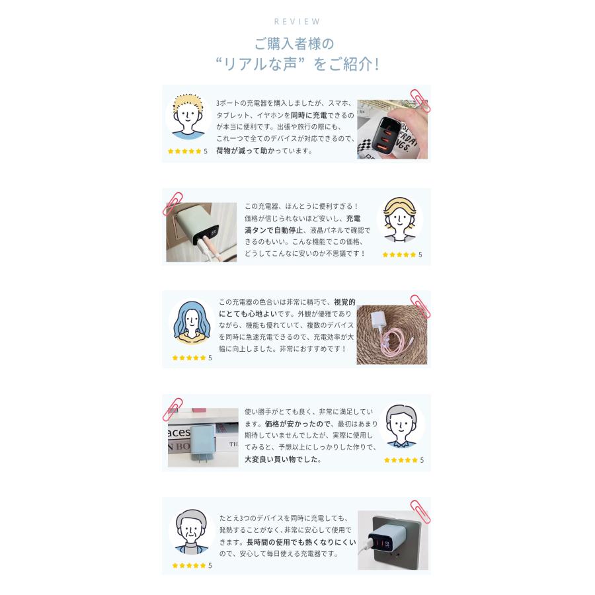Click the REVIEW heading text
(297, 22)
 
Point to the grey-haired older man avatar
(192, 530)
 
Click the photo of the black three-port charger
(393, 130)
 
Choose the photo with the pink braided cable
(391, 335)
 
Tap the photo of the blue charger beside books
(202, 437)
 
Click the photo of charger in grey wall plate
(393, 540)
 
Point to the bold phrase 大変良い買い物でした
(282, 459)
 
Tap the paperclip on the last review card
(419, 510)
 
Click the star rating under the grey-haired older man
(190, 565)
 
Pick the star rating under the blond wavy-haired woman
(399, 255)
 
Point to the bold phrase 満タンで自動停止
(274, 230)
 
